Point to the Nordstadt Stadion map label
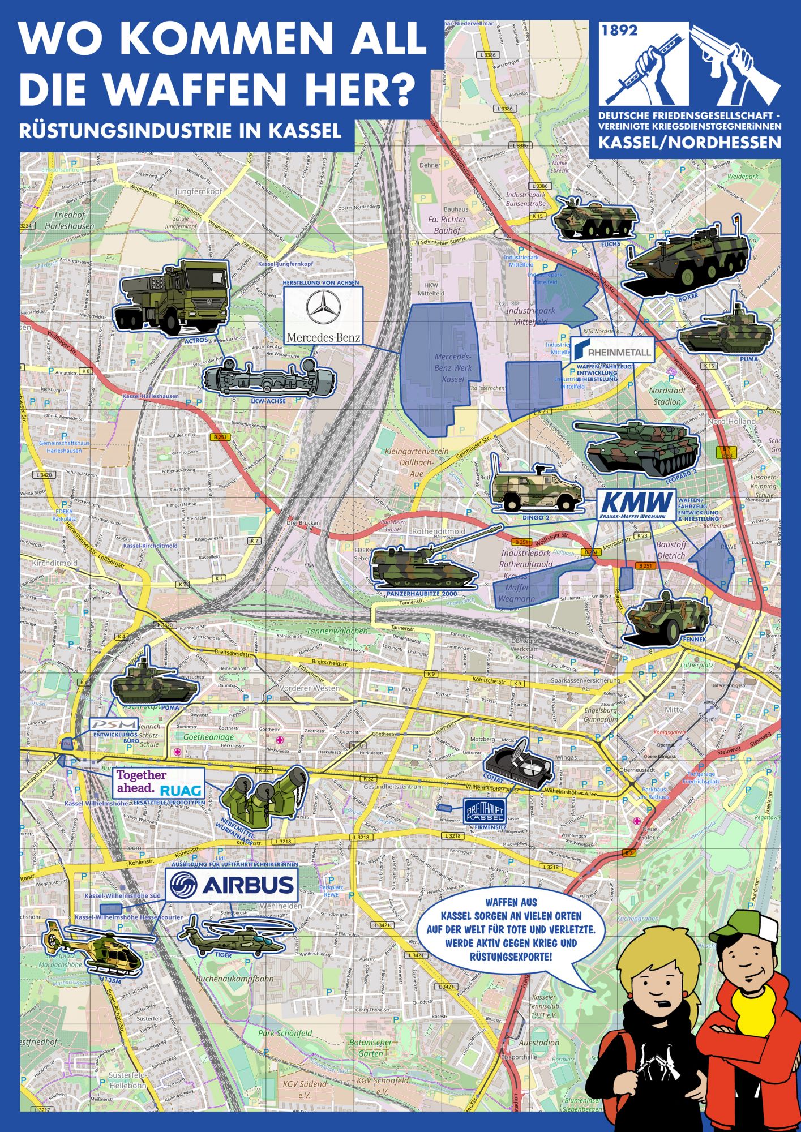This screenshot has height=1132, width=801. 667,396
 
